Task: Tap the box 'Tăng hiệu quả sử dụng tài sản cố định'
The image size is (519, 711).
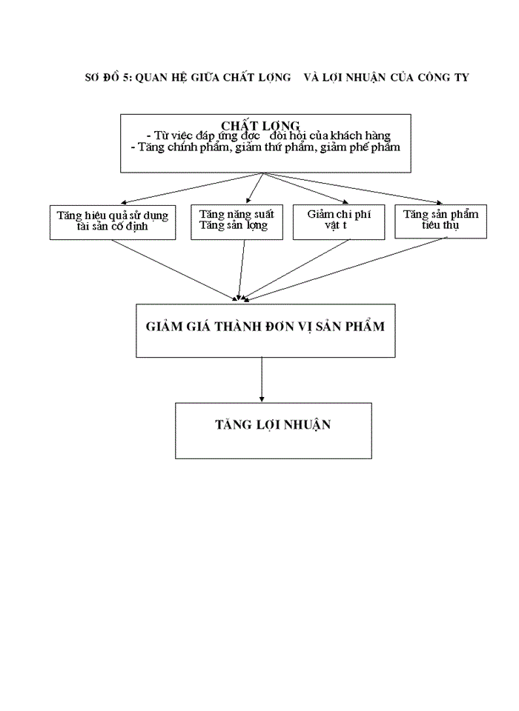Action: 113,221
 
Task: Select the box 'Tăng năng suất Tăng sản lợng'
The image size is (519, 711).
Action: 229,221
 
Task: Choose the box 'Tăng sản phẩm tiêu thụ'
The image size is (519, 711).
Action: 440,220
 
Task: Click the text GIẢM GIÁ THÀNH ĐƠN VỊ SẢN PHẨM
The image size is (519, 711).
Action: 265,326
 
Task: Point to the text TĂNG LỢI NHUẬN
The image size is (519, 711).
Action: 273,425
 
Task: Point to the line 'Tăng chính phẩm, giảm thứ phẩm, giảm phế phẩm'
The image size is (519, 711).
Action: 265,147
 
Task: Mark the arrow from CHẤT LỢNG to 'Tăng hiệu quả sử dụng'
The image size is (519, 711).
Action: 193,188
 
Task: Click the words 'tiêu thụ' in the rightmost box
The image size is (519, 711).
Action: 440,225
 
